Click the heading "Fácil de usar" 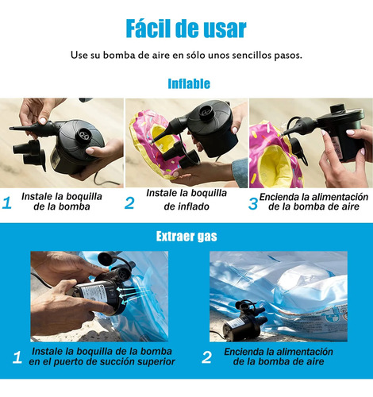186,29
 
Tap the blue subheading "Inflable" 189,83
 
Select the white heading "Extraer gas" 186,236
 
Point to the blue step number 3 253,203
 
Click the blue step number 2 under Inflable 129,203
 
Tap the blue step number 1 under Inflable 7,202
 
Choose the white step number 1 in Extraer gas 17,357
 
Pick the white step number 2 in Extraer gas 206,357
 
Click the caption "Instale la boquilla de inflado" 186,199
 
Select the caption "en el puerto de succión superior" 102,362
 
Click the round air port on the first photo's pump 84,136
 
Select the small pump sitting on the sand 244,321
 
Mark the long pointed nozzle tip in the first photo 11,129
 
